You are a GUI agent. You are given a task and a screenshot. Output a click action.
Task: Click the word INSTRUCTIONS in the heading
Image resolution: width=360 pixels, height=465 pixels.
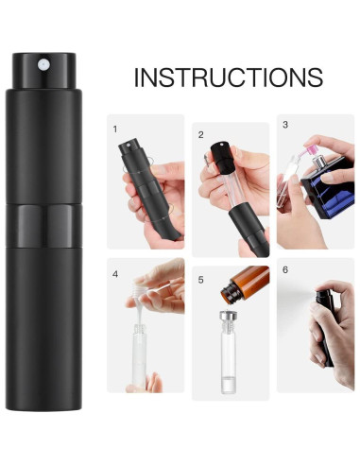click(229, 77)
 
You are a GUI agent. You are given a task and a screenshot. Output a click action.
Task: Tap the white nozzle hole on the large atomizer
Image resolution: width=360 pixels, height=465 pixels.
click(43, 65)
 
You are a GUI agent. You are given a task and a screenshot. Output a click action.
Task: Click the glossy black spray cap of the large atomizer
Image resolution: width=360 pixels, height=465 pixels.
click(44, 71)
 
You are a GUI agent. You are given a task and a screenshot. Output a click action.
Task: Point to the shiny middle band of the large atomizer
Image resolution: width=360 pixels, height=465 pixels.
click(44, 226)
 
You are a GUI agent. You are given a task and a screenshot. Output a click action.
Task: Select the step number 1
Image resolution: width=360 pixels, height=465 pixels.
click(115, 129)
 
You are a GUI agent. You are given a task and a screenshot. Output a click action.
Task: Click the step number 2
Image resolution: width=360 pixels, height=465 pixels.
click(201, 135)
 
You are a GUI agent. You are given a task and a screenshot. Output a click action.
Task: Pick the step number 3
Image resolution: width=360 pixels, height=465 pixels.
click(285, 125)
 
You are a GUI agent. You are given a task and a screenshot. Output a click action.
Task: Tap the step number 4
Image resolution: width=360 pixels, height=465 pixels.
click(115, 274)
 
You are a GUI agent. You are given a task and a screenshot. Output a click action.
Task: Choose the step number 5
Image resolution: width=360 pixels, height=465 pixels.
click(201, 280)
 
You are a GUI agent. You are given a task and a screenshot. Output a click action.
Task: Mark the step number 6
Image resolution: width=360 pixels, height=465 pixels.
click(285, 270)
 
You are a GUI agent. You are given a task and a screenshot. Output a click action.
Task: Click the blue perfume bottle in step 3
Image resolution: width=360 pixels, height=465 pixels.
click(328, 187)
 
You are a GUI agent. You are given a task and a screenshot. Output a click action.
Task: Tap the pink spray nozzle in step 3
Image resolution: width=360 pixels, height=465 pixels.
click(307, 150)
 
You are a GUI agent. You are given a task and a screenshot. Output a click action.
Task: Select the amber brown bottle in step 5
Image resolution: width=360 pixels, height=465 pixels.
click(245, 284)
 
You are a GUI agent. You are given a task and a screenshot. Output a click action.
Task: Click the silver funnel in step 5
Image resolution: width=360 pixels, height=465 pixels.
click(229, 316)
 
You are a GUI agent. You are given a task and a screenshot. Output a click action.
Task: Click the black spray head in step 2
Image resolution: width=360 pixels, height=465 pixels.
click(223, 158)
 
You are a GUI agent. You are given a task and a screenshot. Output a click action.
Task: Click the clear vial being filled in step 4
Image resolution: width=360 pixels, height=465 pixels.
click(139, 354)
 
